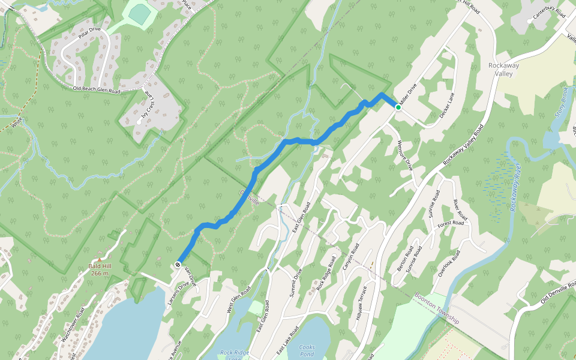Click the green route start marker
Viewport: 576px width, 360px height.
coord(398,107)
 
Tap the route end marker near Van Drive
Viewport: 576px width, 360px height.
coord(178,265)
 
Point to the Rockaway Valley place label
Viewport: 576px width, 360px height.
coord(496,70)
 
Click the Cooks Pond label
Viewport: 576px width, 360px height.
coord(307,350)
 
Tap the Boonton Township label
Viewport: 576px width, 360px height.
coord(437,308)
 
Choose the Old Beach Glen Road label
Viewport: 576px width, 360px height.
coord(97,90)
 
